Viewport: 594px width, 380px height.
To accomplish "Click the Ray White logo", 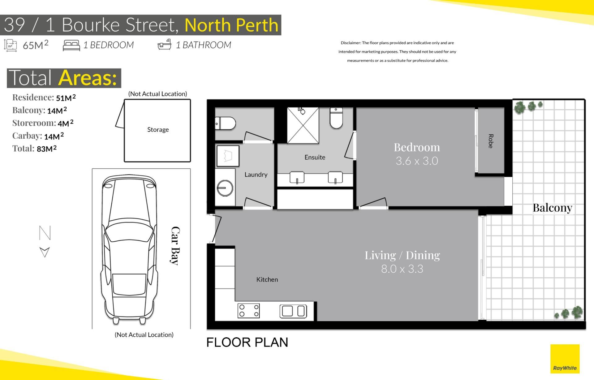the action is point(565,359).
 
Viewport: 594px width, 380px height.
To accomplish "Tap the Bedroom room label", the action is point(417,147).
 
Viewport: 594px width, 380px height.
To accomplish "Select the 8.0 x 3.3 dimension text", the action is point(402,269).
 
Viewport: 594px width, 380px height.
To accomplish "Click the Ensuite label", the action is point(315,157).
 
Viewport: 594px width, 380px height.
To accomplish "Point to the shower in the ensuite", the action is point(303,125).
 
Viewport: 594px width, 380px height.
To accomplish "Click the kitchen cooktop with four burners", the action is point(248,311).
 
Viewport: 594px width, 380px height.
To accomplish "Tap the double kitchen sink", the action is point(293,311).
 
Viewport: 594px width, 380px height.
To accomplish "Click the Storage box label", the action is point(158,130).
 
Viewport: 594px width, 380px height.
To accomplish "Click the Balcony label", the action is point(552,208).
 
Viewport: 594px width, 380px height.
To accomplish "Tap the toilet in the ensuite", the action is point(336,118).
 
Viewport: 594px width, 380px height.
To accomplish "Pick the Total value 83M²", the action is point(47,149).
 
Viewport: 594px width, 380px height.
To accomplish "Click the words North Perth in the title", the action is point(231,25).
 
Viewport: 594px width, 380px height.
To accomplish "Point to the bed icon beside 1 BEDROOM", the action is point(71,45).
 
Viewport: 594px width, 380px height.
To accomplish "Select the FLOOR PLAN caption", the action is point(247,343).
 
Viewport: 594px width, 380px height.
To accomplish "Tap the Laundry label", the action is point(256,175).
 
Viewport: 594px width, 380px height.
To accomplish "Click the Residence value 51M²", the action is point(66,98).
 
